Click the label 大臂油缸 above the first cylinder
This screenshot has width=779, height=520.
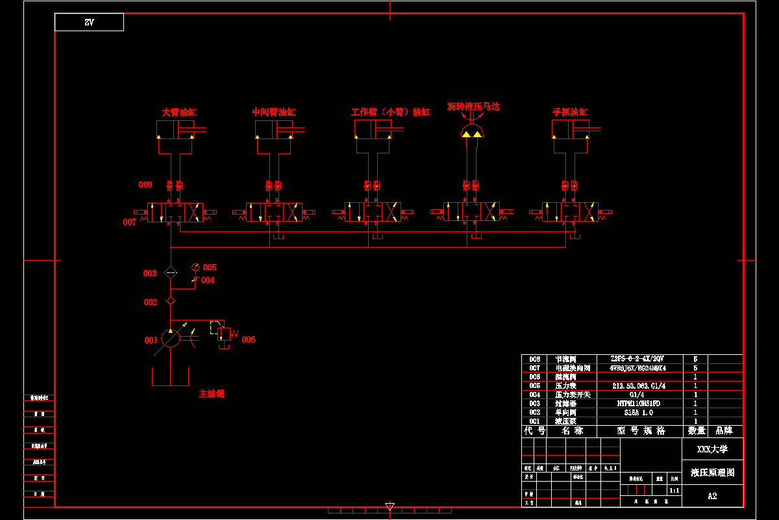pos(179,112)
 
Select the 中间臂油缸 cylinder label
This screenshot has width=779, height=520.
pos(274,112)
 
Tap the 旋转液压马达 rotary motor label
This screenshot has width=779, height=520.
pos(473,105)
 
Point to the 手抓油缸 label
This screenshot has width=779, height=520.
pos(570,112)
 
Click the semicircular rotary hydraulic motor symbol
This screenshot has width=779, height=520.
pos(472,133)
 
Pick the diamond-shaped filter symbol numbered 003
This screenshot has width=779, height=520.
pos(170,273)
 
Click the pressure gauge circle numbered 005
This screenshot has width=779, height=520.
pos(195,267)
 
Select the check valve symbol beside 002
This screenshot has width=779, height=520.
pos(170,301)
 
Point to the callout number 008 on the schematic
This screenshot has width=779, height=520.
pos(145,185)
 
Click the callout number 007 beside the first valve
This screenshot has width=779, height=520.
pos(129,222)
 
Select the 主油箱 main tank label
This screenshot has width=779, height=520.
pos(212,393)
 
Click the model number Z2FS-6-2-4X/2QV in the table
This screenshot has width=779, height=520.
pos(637,359)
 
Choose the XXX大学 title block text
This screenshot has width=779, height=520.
pos(712,449)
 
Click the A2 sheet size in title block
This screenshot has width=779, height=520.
pos(712,496)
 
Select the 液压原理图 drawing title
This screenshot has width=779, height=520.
pos(712,473)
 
